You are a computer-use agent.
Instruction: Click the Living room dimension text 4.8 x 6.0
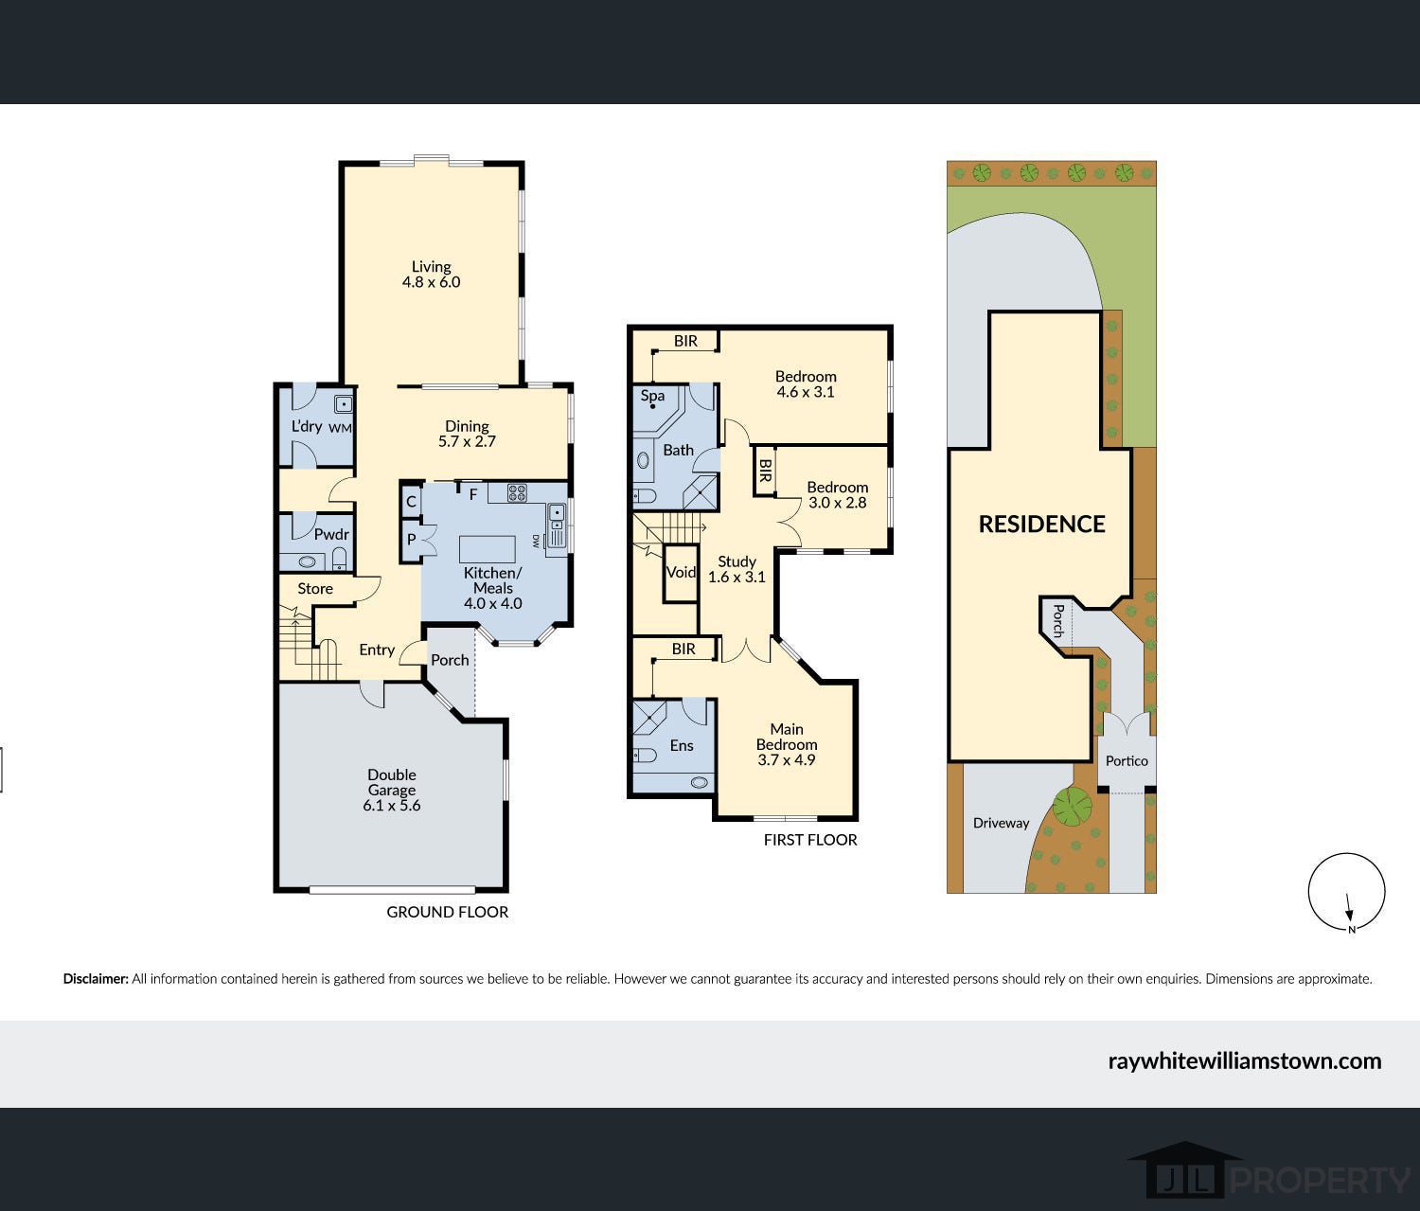432,282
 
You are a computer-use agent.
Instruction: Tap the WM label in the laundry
340,428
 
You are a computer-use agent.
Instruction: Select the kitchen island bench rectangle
488,549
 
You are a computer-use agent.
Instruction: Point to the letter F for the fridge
473,494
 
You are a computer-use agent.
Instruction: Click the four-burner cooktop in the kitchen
517,492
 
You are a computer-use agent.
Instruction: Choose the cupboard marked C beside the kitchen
411,501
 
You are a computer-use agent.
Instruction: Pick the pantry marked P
411,540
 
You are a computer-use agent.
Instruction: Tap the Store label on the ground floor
315,588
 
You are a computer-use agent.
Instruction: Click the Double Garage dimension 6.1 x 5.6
392,806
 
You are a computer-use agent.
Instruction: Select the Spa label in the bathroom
652,396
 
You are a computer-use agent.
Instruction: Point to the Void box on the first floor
681,573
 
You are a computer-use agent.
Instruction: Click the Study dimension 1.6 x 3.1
737,577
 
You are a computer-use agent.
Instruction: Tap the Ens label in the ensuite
682,745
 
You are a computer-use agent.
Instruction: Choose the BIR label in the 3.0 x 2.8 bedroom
765,471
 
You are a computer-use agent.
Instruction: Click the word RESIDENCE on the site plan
1041,524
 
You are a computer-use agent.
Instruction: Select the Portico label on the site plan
1127,761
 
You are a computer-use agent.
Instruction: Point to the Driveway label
1001,823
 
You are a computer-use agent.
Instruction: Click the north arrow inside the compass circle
1348,907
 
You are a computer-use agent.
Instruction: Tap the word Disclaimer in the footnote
96,979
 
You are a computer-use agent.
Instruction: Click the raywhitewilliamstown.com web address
1244,1061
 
